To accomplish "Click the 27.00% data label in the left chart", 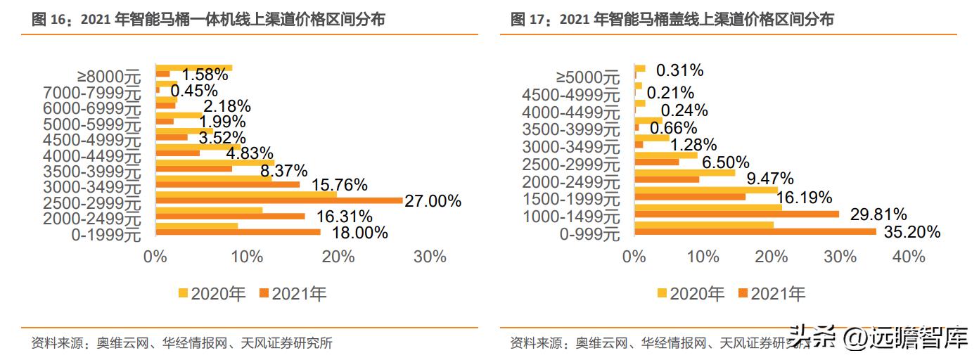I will [x=433, y=201].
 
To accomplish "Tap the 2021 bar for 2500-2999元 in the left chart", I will [x=279, y=200].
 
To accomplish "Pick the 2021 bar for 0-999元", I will [x=755, y=231].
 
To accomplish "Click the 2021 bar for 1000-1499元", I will [x=736, y=214].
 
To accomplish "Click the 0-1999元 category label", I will [x=106, y=236].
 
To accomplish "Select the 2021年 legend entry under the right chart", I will [x=771, y=293].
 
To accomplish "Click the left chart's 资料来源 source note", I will [x=181, y=344].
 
